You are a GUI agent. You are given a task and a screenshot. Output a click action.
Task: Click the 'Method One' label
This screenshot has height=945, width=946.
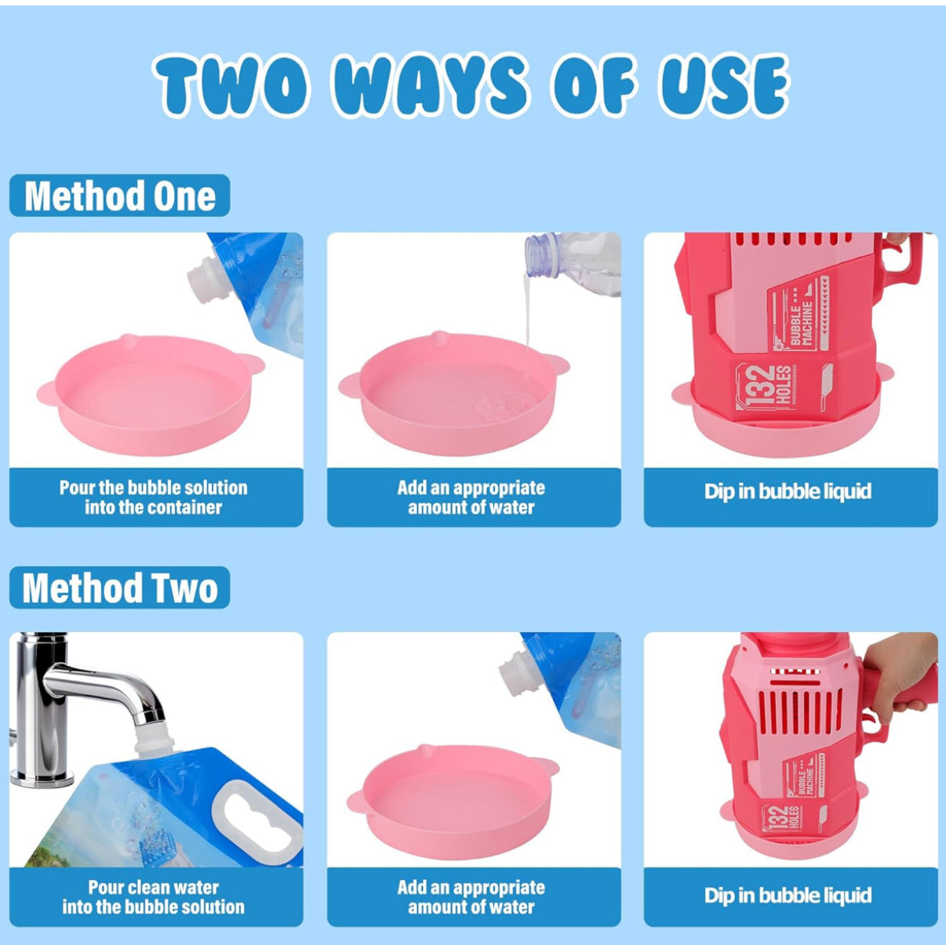point(120,195)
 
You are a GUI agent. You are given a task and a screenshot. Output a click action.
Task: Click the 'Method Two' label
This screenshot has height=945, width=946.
point(120,587)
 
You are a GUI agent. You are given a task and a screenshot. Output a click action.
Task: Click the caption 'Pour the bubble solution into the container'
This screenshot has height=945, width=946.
point(154,496)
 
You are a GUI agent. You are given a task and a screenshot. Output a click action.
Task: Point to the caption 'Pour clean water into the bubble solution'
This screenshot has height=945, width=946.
point(154,897)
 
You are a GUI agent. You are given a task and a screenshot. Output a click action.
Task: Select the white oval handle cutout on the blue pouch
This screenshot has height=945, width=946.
point(256,816)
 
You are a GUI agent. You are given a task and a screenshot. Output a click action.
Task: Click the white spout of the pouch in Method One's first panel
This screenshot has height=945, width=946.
point(209,283)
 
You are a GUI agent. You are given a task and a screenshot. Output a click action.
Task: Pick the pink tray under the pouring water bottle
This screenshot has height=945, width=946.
point(454,393)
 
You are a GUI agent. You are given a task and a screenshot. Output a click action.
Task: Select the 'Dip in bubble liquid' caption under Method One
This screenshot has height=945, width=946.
point(788,491)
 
